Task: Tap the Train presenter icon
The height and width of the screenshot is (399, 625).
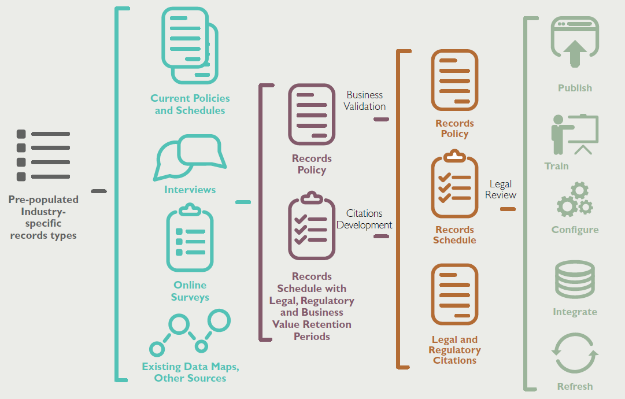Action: (x=574, y=135)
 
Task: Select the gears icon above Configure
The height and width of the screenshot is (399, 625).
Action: (x=575, y=199)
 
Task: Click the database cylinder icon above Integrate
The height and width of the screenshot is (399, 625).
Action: (x=574, y=280)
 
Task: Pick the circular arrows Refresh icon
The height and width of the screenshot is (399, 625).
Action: (x=575, y=353)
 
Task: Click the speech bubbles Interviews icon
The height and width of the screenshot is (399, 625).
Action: (x=190, y=157)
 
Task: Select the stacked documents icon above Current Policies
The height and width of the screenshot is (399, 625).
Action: (x=190, y=46)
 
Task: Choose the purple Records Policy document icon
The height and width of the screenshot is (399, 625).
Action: (x=312, y=114)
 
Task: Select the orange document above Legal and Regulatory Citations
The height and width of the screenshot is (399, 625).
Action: (x=454, y=294)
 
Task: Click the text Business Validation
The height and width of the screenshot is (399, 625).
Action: (x=365, y=101)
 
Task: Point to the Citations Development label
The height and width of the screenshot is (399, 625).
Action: (x=364, y=219)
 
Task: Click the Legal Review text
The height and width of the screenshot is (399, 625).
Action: (x=501, y=190)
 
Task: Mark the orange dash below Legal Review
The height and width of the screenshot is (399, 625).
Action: (x=507, y=209)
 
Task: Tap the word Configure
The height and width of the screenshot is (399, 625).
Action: (x=575, y=230)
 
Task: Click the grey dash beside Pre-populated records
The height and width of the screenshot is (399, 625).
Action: (x=99, y=190)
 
